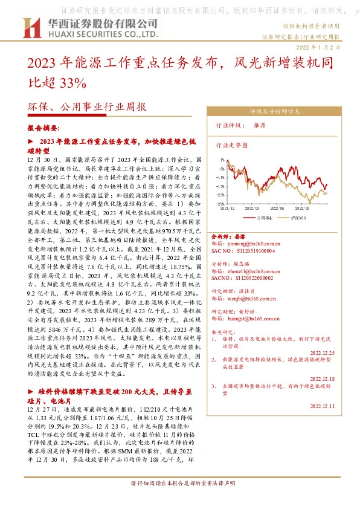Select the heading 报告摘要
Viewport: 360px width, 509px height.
click(x=43, y=129)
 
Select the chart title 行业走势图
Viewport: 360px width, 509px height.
click(x=232, y=146)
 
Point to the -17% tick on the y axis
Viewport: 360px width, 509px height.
click(x=220, y=186)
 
